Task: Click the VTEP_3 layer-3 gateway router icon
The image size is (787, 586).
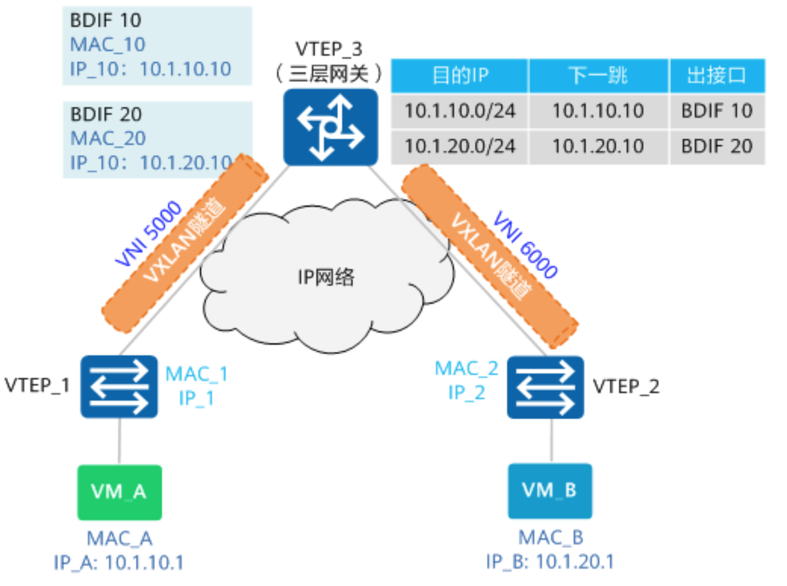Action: (x=330, y=127)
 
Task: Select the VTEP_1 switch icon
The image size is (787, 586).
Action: (x=119, y=386)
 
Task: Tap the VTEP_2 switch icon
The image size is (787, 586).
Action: (x=545, y=387)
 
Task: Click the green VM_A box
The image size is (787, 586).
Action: (x=119, y=492)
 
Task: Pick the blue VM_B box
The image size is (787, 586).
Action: (x=549, y=491)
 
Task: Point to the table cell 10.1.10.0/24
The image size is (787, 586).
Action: (x=459, y=111)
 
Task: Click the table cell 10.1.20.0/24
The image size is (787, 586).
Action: (x=459, y=146)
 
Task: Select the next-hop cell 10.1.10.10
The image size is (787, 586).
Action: (x=598, y=111)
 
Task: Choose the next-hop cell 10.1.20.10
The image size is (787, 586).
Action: (x=598, y=146)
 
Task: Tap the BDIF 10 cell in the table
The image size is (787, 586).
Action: (x=717, y=111)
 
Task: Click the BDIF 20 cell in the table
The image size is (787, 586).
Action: (x=717, y=146)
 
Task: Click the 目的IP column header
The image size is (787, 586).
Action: (x=459, y=76)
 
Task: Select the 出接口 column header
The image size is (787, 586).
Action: (x=717, y=76)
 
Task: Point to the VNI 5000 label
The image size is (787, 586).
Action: (x=148, y=234)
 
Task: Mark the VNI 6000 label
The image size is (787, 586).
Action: (x=526, y=245)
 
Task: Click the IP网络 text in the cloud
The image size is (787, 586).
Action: (x=326, y=277)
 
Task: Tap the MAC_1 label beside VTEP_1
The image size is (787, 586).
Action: (x=196, y=374)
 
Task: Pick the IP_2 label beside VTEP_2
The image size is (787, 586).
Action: (x=466, y=393)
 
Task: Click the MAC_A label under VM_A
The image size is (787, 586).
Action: (x=119, y=539)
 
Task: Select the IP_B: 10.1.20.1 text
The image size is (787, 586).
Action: (x=550, y=562)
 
